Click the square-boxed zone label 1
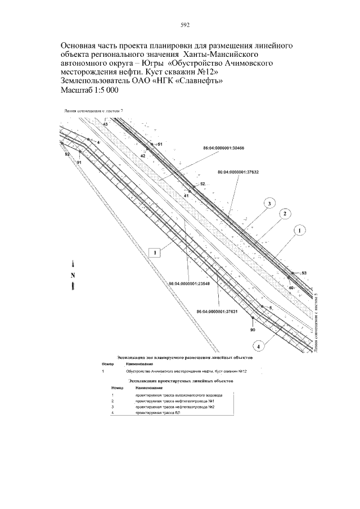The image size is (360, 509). click(x=155, y=253)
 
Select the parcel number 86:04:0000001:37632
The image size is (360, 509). click(x=238, y=173)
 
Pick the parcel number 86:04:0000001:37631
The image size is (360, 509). click(x=217, y=311)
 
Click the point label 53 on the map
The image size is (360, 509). click(x=304, y=273)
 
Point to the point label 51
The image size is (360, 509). click(x=159, y=145)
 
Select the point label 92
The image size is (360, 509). click(x=67, y=154)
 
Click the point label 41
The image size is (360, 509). click(x=186, y=195)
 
